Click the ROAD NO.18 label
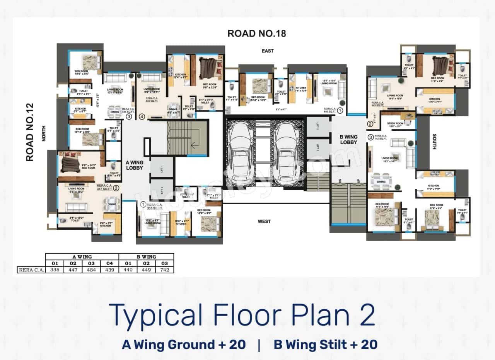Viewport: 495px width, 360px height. pos(256,33)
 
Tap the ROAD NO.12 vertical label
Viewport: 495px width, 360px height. pos(30,132)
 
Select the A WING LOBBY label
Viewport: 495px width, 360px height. pos(135,165)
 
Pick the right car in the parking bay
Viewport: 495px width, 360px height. pos(287,152)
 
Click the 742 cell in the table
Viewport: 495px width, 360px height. pos(165,270)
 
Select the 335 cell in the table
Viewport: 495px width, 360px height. pos(55,270)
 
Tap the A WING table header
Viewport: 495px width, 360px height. pos(82,257)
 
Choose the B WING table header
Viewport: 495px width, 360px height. pos(146,257)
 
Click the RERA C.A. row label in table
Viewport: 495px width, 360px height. pos(31,270)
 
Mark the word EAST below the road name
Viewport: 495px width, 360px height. pos(267,51)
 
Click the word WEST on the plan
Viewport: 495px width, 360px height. pos(264,222)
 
